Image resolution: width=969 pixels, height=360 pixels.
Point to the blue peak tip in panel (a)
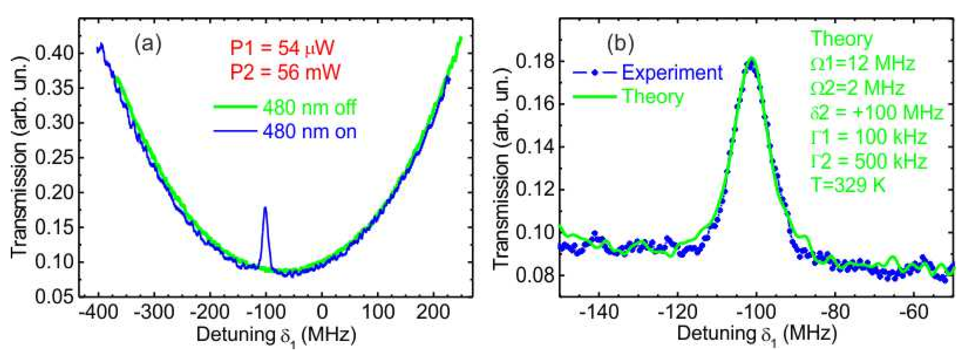coord(265,207)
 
